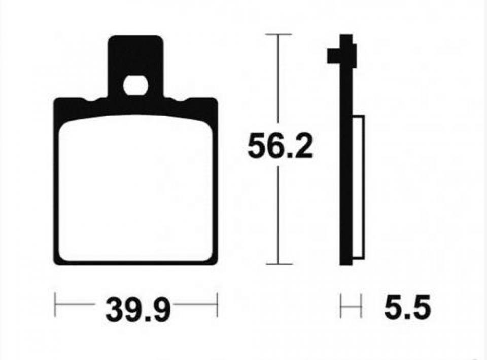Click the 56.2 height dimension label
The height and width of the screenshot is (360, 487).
click(x=280, y=145)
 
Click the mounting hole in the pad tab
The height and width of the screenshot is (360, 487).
click(x=135, y=86)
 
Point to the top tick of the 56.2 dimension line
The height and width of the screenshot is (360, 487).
click(x=279, y=34)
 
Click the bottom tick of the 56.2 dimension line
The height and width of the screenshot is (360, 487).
click(x=279, y=264)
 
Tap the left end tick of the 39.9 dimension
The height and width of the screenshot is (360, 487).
click(x=55, y=305)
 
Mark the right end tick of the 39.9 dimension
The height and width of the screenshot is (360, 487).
click(x=218, y=305)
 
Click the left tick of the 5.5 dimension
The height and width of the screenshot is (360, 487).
click(x=341, y=306)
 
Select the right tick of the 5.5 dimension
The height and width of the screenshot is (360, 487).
click(x=361, y=306)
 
